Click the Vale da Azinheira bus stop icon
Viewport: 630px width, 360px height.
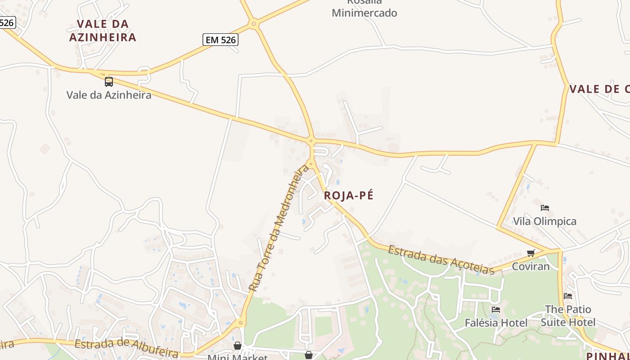click(x=109, y=81)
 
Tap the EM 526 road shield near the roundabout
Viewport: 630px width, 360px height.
click(x=220, y=40)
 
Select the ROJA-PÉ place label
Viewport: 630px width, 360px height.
click(x=349, y=195)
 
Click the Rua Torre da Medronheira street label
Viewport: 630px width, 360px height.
click(x=279, y=228)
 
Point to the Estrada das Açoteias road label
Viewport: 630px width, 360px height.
click(x=441, y=259)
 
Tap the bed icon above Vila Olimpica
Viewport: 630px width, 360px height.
click(x=545, y=208)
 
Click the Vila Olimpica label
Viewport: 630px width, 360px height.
click(x=545, y=221)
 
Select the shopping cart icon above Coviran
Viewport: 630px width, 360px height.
click(x=531, y=253)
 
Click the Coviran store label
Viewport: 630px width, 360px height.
click(x=531, y=266)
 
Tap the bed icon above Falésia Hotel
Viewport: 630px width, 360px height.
click(x=496, y=310)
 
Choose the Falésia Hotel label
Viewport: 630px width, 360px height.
click(x=496, y=323)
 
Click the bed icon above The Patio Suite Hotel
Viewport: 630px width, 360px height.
click(x=568, y=296)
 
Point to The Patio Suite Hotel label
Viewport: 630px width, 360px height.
click(x=568, y=315)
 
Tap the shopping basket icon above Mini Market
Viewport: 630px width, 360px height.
click(x=237, y=346)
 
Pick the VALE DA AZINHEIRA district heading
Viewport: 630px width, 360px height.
click(x=103, y=30)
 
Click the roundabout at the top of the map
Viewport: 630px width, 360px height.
click(x=254, y=23)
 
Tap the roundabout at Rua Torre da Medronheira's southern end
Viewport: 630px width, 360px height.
click(x=241, y=322)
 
